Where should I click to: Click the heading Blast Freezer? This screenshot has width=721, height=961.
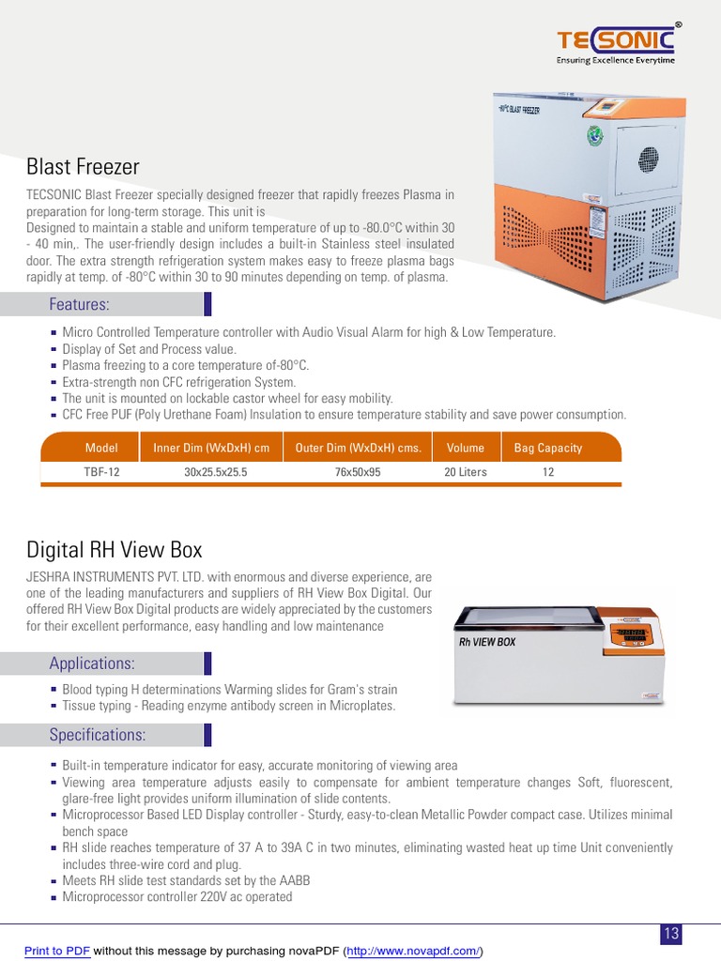point(83,167)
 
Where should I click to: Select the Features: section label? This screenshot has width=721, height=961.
point(79,304)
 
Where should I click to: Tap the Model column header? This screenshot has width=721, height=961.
point(101,448)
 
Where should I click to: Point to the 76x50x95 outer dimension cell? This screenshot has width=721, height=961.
point(358,472)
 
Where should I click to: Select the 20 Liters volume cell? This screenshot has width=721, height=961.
point(466,472)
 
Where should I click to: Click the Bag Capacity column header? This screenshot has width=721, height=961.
point(548,448)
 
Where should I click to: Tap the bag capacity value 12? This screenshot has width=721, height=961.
point(548,472)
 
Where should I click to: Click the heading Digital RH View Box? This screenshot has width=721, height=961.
point(114,549)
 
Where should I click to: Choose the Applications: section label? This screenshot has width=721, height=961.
point(92,664)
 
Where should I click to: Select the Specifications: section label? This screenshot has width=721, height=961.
point(97,734)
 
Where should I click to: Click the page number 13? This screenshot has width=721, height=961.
point(671,933)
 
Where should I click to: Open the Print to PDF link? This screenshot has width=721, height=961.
point(57,951)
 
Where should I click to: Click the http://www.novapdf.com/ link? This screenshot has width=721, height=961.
point(413,951)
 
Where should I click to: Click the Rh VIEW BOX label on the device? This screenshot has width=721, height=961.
point(487,643)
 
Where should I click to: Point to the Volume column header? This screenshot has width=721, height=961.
point(466,448)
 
